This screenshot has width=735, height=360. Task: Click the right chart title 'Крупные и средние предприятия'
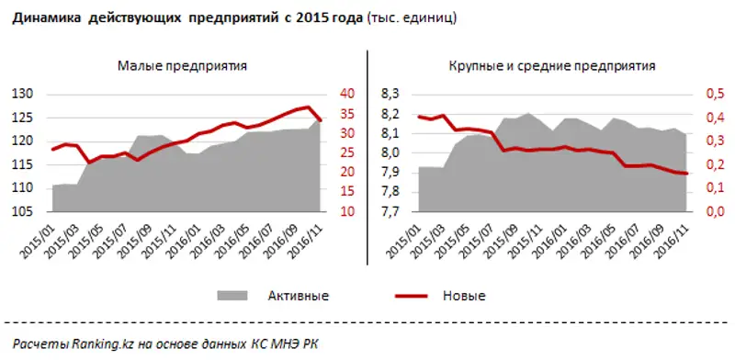click(x=553, y=66)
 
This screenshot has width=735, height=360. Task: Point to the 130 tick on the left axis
click(x=21, y=95)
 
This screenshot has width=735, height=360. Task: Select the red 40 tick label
click(x=346, y=95)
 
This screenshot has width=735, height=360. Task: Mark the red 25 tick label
click(x=346, y=153)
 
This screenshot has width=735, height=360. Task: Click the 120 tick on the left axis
click(x=21, y=141)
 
